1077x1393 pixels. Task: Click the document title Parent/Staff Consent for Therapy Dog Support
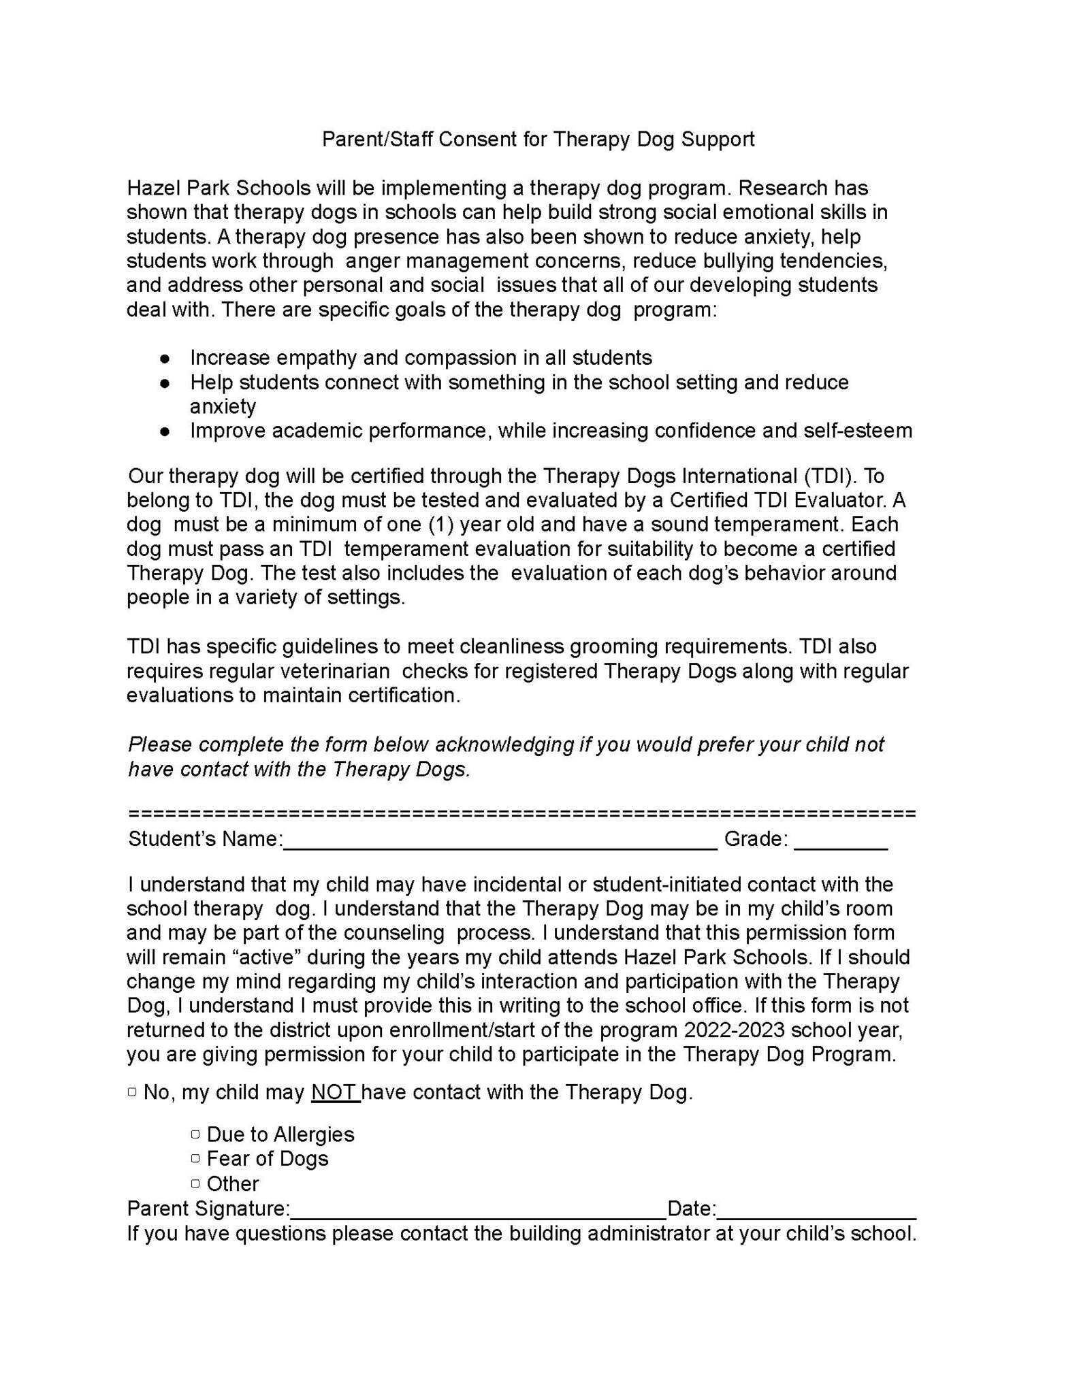(538, 140)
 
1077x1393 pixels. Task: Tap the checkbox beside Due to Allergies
(196, 1134)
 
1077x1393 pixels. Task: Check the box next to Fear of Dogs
(196, 1158)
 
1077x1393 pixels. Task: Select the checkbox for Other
(196, 1183)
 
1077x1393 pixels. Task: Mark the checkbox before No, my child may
(132, 1092)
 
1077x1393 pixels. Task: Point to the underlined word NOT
(335, 1092)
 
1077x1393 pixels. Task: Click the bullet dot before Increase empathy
(165, 358)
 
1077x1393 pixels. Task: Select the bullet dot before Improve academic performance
(165, 431)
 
